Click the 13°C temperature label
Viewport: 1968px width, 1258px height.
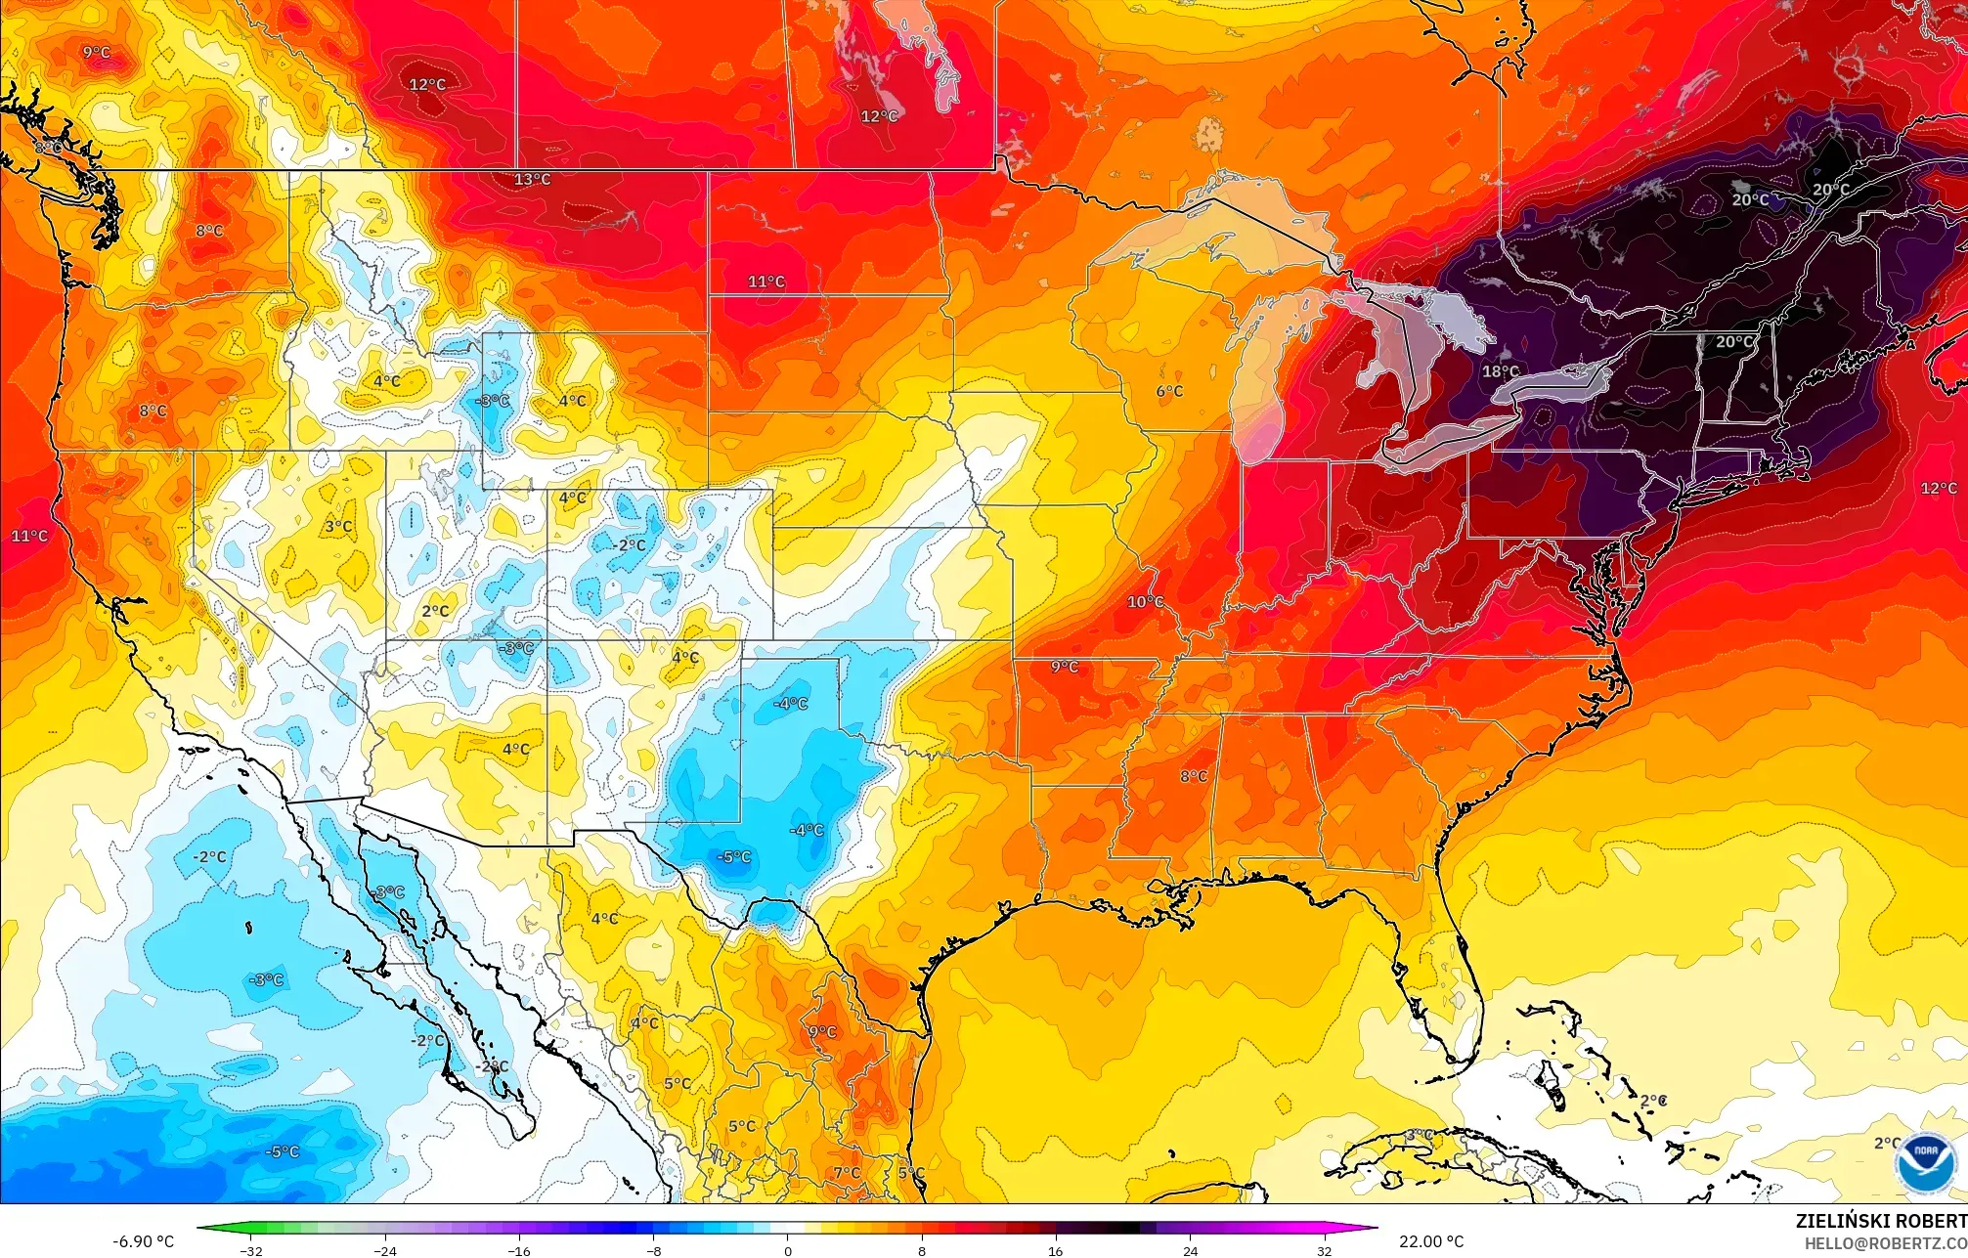[x=533, y=180]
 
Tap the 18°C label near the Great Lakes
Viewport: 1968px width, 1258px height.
[x=1501, y=371]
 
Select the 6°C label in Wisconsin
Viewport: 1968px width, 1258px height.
[x=1169, y=391]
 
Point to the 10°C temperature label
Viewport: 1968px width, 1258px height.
[x=1145, y=601]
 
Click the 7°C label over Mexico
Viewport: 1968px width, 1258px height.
[x=847, y=1173]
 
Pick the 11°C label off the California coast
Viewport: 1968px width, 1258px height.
[x=29, y=536]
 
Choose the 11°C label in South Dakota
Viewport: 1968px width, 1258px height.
[x=766, y=282]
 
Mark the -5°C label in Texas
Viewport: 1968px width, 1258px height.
[x=734, y=857]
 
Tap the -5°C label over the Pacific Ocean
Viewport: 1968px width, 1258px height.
[x=282, y=1151]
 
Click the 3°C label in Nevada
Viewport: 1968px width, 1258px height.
[x=338, y=526]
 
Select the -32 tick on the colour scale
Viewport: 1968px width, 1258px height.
[x=252, y=1250]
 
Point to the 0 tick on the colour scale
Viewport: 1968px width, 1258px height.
[x=788, y=1250]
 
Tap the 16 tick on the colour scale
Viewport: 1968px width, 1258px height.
[x=1056, y=1250]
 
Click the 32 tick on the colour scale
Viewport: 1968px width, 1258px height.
[x=1324, y=1250]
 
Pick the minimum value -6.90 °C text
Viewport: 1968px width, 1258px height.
[x=144, y=1241]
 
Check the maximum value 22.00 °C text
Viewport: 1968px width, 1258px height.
[x=1431, y=1241]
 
